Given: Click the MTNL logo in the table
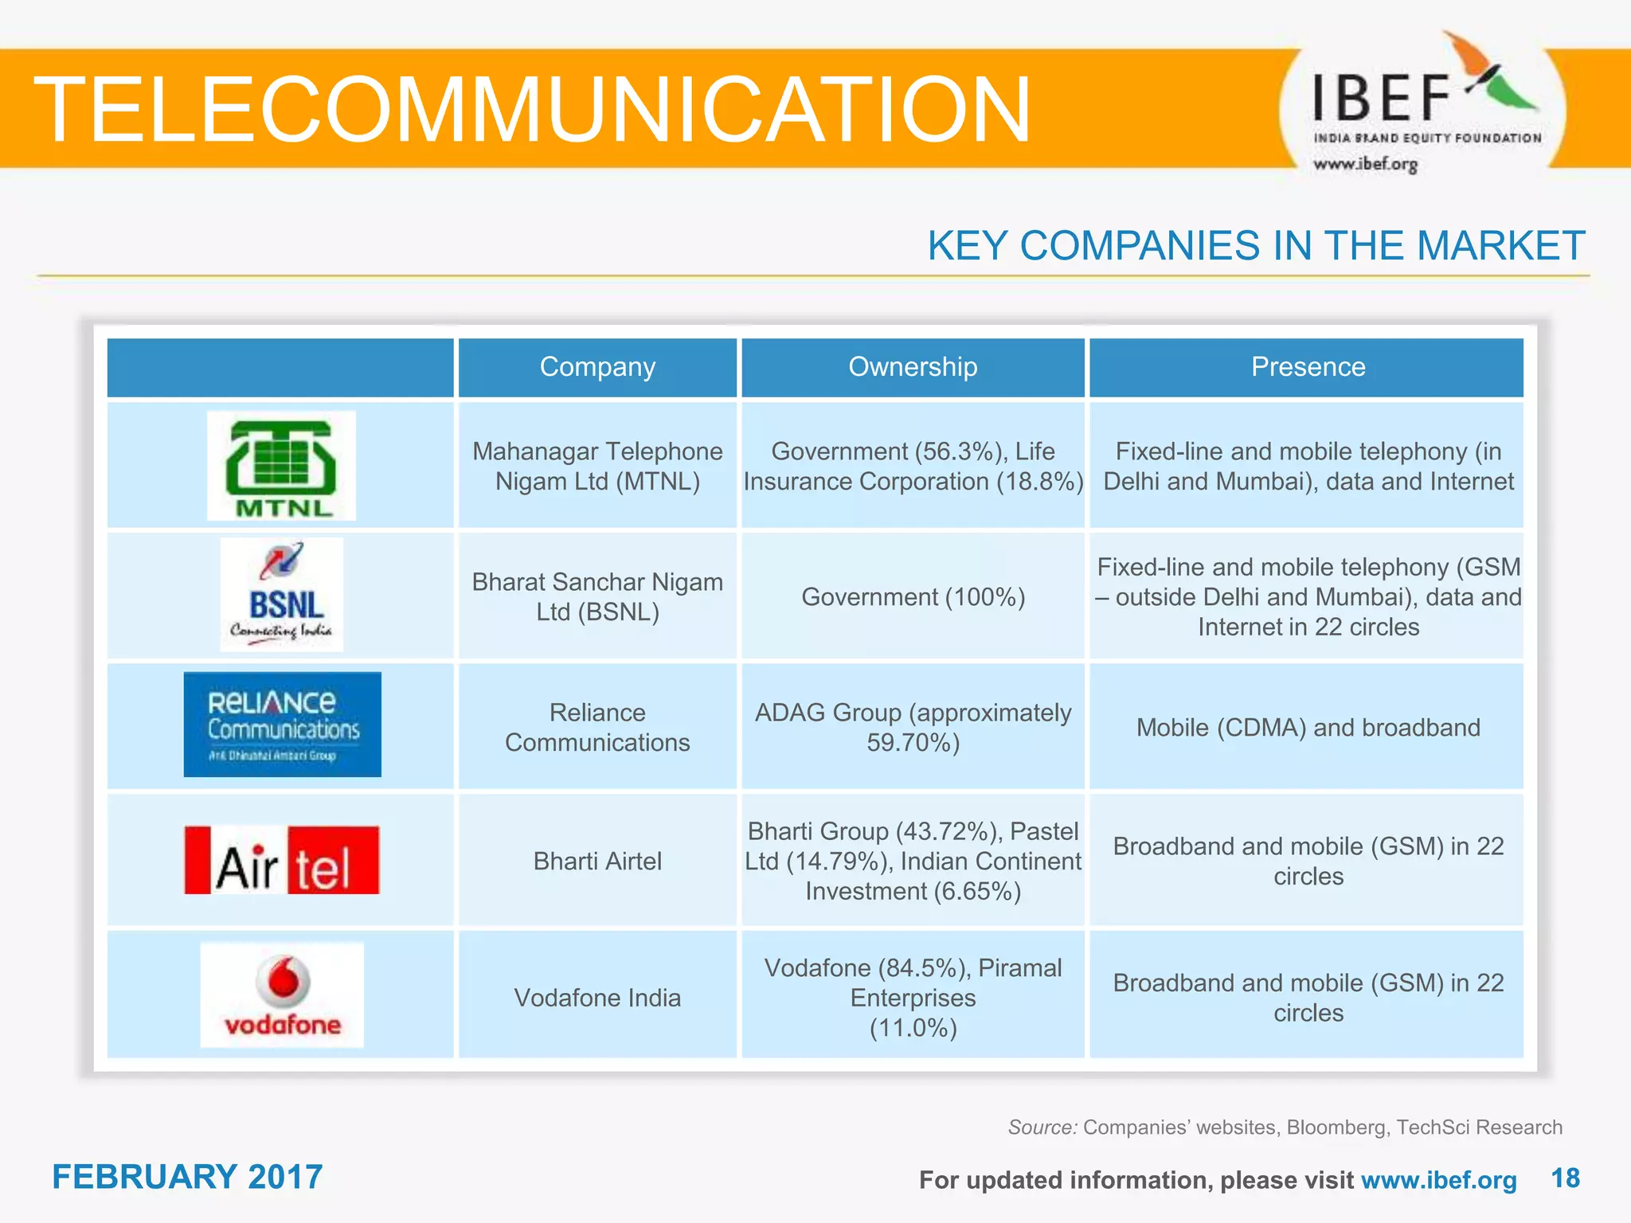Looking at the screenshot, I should pos(281,466).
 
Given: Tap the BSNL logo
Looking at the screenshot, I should pos(281,595).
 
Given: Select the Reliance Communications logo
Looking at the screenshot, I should pos(282,725).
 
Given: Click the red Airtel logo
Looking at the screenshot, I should pos(282,861).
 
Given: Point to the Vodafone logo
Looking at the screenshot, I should pos(282,995).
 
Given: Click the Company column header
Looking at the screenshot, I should pos(597,367).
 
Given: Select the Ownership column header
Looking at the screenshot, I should pos(913,367).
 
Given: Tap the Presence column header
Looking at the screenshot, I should pos(1308,367).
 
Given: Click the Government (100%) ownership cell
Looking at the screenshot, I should pos(913,597).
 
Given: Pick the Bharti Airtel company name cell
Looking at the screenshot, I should pos(597,862).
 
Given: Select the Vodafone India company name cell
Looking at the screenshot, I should pos(597,998).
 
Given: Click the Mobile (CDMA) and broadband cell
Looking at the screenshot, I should pos(1308,728).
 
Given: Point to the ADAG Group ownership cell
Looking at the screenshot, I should pos(913,727).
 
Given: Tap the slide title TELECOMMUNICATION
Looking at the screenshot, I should pos(532,110).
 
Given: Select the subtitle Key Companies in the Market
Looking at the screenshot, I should pos(1256,246).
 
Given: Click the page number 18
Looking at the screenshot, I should pos(1565,1178).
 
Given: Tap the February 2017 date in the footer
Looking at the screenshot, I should pos(187,1177).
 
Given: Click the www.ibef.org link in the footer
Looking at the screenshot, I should pos(1438,1180).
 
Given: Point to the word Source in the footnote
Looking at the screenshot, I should pos(1042,1127).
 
